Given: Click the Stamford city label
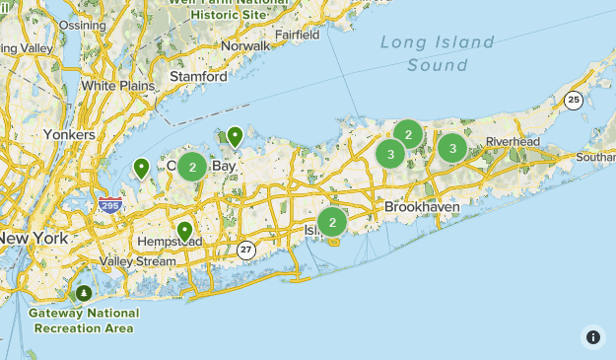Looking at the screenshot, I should point(198,76).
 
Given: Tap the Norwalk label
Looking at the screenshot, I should point(245,45).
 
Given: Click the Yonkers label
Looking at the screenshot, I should point(69,134).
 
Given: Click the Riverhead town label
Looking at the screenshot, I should point(513,142).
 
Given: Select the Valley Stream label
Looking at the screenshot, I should point(137,261).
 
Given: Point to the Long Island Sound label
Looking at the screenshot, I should point(438,53).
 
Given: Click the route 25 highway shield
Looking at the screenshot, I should point(574,99).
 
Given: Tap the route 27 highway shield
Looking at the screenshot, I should point(246,251).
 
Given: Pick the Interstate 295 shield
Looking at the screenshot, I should point(110,204).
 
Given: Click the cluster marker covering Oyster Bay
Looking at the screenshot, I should point(191,167).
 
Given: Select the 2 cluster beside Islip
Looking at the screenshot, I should point(332,223).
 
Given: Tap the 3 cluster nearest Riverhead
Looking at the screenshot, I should point(452,148).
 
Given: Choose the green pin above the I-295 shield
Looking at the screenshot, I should point(142,169).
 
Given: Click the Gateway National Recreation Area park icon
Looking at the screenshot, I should point(84,293).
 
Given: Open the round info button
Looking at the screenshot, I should point(593,337).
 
